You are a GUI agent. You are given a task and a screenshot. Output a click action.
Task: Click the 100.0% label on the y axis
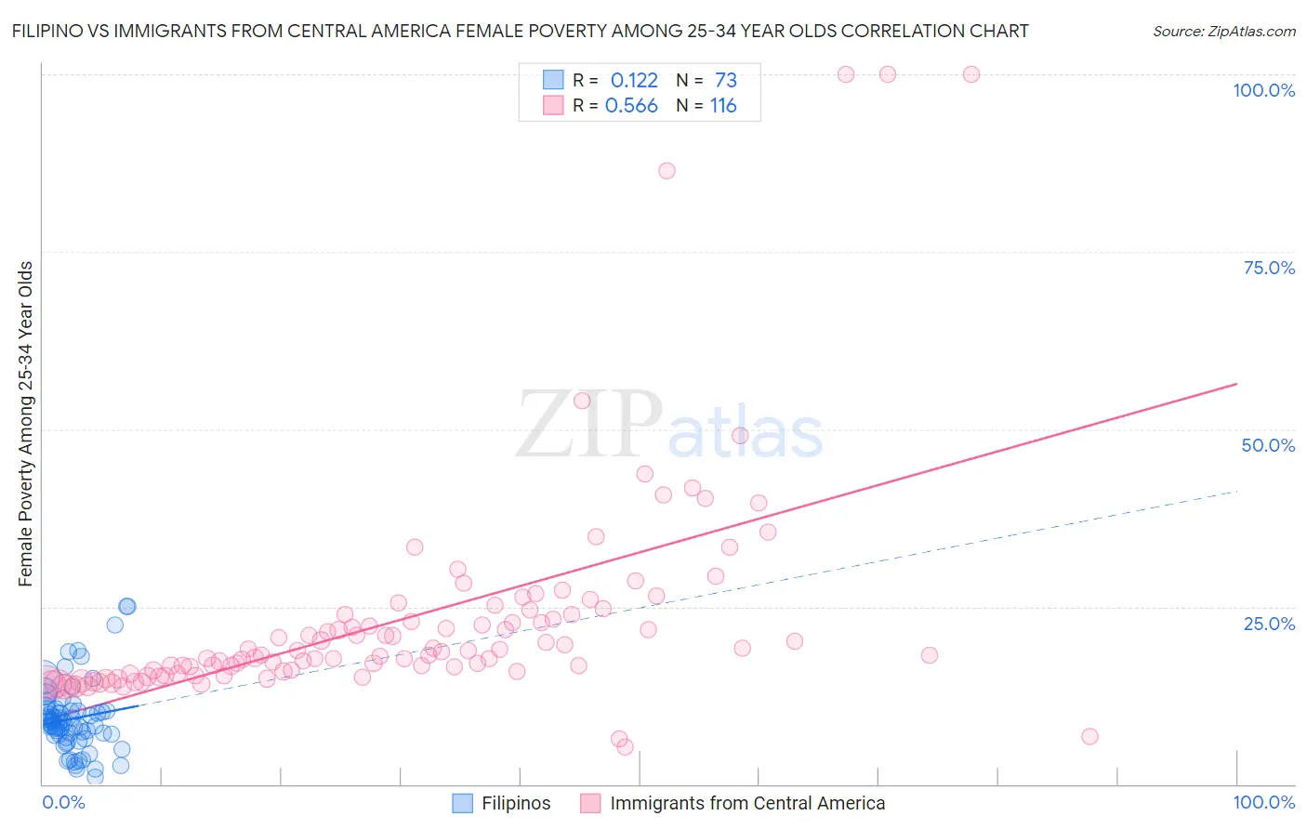pyautogui.click(x=1263, y=90)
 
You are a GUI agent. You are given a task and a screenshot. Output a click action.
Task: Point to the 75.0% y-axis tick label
pyautogui.click(x=1269, y=268)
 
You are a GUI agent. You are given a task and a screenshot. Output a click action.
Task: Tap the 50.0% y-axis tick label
pyautogui.click(x=1268, y=445)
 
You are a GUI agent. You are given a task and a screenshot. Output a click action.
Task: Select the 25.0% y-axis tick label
pyautogui.click(x=1269, y=623)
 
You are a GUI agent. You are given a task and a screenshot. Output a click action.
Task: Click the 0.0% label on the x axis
pyautogui.click(x=63, y=802)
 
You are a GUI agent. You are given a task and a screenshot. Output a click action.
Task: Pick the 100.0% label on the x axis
pyautogui.click(x=1263, y=802)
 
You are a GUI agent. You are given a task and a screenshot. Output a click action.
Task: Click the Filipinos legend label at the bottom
pyautogui.click(x=516, y=803)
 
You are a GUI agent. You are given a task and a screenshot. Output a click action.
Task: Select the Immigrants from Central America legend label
pyautogui.click(x=747, y=803)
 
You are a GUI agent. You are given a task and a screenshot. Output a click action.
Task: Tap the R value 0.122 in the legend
pyautogui.click(x=634, y=81)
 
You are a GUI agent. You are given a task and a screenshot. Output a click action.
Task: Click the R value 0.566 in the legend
pyautogui.click(x=631, y=106)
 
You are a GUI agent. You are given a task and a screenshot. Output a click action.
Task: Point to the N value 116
pyautogui.click(x=723, y=106)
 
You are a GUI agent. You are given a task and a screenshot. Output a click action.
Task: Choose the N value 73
pyautogui.click(x=725, y=81)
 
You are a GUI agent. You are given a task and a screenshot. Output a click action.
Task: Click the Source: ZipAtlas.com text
pyautogui.click(x=1223, y=32)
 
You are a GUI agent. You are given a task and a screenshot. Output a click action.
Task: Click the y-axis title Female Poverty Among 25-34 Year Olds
pyautogui.click(x=26, y=424)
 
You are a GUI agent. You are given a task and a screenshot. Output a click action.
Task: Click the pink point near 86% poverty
pyautogui.click(x=667, y=171)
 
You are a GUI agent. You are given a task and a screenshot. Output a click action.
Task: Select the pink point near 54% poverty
pyautogui.click(x=582, y=401)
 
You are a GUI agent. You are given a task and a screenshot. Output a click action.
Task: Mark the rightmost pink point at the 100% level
pyautogui.click(x=971, y=74)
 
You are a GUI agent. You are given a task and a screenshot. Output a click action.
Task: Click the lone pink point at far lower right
pyautogui.click(x=1089, y=736)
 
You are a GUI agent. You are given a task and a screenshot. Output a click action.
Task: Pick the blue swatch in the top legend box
pyautogui.click(x=553, y=80)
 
